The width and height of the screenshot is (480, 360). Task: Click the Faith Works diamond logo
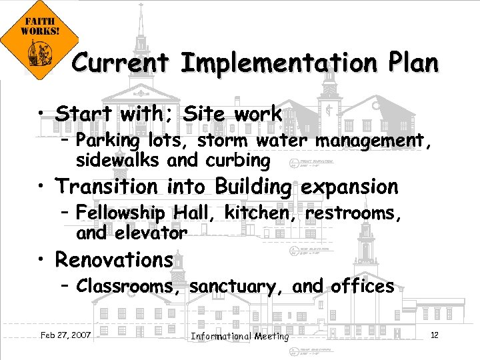tap(39, 39)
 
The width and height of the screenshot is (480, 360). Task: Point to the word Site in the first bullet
tap(206, 114)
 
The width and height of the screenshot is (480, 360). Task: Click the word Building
tap(255, 187)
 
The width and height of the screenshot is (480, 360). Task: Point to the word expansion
tap(350, 187)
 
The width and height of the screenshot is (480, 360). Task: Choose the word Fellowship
tap(121, 213)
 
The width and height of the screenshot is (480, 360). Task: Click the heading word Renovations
tap(114, 259)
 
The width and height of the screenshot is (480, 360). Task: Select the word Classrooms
tap(130, 287)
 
